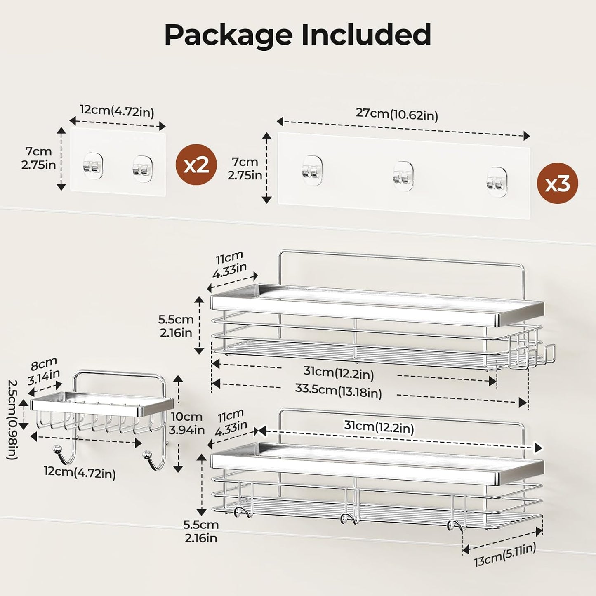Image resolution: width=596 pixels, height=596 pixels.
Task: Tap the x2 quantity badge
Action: pos(196,165)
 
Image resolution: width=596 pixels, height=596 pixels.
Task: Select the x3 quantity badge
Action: pos(557,183)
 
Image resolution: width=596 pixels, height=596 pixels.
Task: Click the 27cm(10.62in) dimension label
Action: pos(397,114)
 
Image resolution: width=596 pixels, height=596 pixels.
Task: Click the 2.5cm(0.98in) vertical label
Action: pos(12,419)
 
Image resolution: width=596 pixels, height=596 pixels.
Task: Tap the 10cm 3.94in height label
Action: pos(186,423)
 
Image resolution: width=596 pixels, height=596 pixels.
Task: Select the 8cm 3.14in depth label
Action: pos(44,371)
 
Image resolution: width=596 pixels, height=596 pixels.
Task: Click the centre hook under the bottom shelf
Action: pos(349,519)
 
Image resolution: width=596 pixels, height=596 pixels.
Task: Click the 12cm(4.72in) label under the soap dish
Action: pos(80,473)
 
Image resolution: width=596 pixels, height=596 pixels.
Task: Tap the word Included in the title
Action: pos(366,35)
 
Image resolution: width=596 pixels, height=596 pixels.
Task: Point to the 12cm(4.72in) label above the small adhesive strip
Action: pos(117,111)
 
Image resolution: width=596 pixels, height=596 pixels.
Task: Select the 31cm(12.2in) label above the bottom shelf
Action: pos(379,427)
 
